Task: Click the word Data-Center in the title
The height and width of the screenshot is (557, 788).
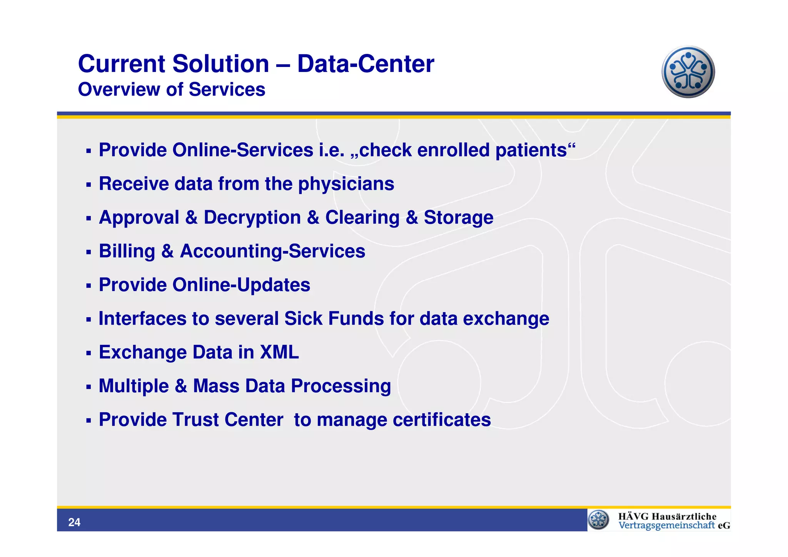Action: tap(366, 64)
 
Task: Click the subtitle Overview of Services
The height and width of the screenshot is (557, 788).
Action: tap(172, 90)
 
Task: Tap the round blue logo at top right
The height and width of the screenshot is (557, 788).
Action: tap(688, 72)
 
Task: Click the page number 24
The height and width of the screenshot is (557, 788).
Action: tap(74, 522)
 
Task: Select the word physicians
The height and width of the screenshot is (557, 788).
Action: tap(346, 184)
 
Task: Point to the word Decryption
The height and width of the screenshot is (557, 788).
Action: tap(252, 217)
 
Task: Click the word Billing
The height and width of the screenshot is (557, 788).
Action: tap(127, 251)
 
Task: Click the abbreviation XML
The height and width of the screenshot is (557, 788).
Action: tap(279, 353)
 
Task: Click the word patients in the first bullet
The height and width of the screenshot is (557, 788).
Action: tap(531, 150)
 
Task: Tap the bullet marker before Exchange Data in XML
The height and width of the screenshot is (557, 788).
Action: tap(88, 353)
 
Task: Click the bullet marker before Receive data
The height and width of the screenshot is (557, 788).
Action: tap(88, 185)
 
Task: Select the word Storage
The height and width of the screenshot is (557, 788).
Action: tap(458, 217)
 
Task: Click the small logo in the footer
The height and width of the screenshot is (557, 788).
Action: tap(598, 520)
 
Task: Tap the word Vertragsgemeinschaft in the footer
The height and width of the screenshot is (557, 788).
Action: tap(666, 526)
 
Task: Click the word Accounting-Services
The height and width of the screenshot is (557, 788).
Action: tap(272, 251)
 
